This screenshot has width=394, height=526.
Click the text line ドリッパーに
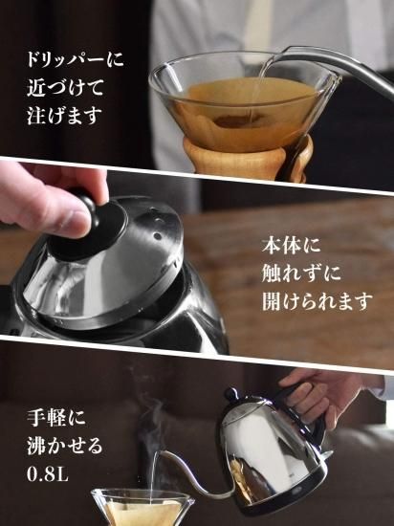click(76, 59)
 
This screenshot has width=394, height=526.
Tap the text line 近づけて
click(65, 87)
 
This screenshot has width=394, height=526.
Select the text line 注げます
click(64, 116)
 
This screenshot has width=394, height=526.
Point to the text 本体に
click(292, 245)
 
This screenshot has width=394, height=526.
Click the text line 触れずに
click(301, 274)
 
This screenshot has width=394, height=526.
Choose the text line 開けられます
click(317, 301)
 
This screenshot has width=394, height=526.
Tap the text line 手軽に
click(56, 418)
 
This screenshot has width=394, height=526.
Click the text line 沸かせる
click(65, 447)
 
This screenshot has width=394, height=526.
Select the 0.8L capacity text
click(48, 474)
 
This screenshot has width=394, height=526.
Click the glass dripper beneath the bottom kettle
click(142, 508)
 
